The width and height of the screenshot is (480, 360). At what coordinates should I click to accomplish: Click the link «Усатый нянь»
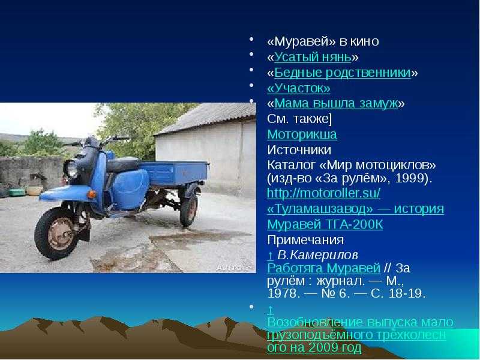coord(313,57)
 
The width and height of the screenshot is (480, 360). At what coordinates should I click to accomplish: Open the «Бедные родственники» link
coord(343,73)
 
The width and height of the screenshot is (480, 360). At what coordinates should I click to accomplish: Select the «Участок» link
coord(299,88)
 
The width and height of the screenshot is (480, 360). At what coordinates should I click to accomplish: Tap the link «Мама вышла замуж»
coord(336,103)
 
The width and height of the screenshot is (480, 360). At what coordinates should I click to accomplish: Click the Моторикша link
coord(302,134)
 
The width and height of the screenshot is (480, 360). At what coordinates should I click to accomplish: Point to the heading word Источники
coord(299,150)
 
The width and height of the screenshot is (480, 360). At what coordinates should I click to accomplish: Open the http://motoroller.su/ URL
coord(323,193)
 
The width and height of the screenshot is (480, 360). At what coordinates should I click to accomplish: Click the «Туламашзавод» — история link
coord(355,209)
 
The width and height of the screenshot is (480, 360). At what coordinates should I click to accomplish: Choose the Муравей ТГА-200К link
coord(325,224)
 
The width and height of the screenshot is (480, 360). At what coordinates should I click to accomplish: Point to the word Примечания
coord(305,239)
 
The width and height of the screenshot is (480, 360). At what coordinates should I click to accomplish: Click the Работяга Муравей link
coord(323,268)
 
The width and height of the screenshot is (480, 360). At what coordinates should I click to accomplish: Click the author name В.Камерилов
coord(317,255)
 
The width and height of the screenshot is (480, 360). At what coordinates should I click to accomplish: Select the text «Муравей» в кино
coord(323,41)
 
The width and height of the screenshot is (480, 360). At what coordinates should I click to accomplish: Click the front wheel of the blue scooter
coord(57,233)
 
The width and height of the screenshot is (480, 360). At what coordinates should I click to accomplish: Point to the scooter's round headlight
coord(71,169)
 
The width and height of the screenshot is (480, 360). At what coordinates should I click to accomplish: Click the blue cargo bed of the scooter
coord(174,173)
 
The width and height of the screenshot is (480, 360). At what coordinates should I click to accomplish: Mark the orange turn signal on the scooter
coord(91,194)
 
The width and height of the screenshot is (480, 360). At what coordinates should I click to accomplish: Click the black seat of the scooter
coord(123,164)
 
